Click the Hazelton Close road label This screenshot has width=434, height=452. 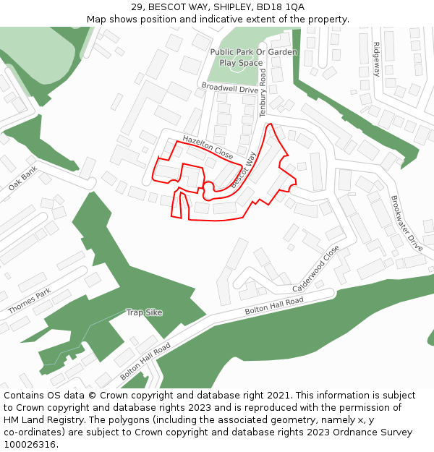coord(208,146)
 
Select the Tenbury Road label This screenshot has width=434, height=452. coord(263,93)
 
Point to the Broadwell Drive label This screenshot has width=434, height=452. coord(229,89)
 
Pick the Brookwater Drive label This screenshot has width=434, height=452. coord(407,223)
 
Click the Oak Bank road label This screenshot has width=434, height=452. coord(22,178)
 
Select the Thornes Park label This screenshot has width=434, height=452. coord(30,302)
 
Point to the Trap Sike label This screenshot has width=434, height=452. coord(144,312)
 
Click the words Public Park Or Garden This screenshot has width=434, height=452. coord(253,52)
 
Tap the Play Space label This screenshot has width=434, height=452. coord(241,63)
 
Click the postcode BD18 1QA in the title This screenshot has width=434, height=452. coord(278,7)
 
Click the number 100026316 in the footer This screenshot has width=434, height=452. coord(30,444)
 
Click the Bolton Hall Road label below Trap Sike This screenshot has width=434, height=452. coord(145,362)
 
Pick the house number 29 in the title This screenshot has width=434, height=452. coord(137,7)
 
